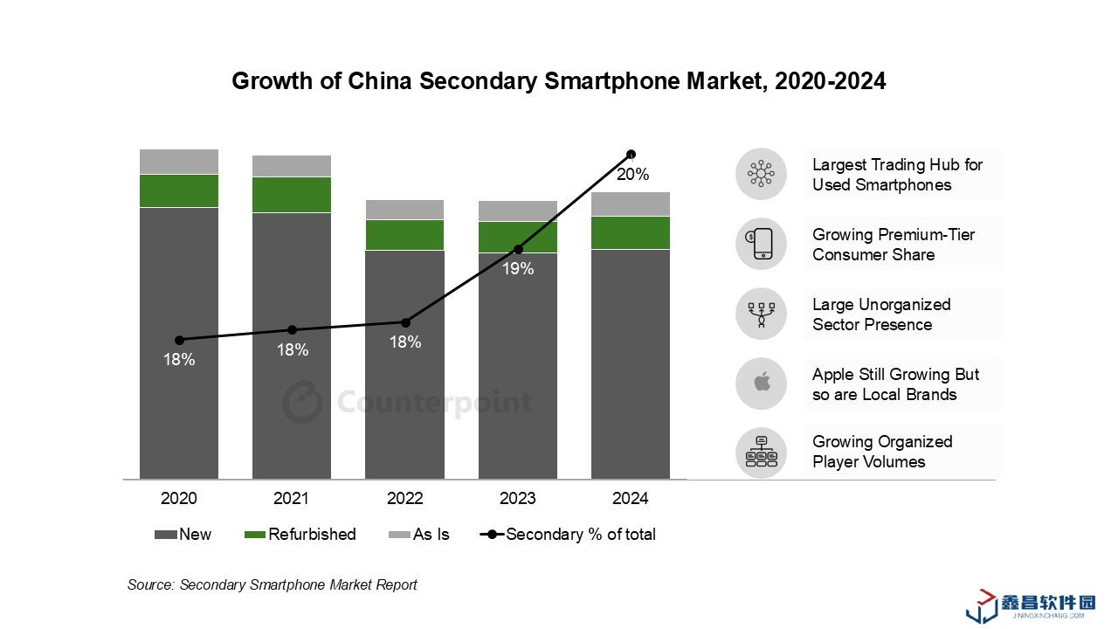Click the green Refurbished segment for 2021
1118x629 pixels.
[x=292, y=195]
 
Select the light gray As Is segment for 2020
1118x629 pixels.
[x=179, y=162]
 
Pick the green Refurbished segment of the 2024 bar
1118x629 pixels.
[x=631, y=232]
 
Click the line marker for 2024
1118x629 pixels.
[x=631, y=155]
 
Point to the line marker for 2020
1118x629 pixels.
[x=179, y=340]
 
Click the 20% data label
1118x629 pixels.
[x=632, y=175]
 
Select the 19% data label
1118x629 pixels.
[x=518, y=269]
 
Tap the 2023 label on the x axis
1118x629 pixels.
[x=518, y=499]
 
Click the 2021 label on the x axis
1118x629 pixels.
[x=292, y=499]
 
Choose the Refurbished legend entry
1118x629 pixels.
[x=300, y=534]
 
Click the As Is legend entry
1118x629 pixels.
[x=419, y=534]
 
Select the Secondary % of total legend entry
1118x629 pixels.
[x=569, y=534]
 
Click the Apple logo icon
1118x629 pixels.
[x=762, y=384]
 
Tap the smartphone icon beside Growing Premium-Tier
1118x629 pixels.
[x=762, y=244]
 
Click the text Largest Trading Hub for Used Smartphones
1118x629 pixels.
[x=896, y=175]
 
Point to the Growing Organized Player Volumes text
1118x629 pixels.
[x=882, y=452]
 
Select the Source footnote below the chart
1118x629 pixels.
[x=273, y=584]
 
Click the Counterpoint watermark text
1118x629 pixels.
[x=434, y=403]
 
